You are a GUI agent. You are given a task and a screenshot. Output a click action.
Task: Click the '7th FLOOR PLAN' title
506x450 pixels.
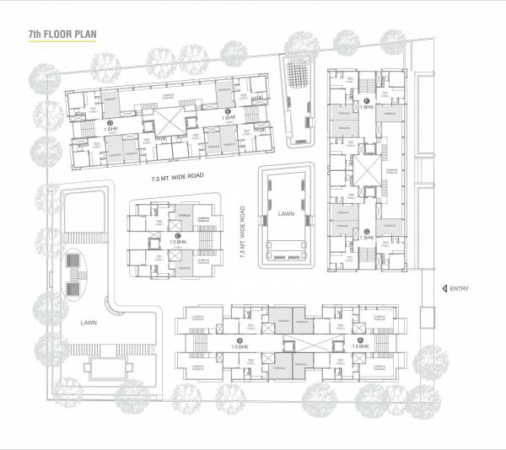62,35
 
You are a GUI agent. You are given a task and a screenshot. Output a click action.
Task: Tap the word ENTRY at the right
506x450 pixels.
459,289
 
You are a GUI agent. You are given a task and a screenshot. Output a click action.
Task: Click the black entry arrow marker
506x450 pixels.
444,289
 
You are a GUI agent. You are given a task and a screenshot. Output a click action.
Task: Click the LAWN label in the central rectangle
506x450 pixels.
286,215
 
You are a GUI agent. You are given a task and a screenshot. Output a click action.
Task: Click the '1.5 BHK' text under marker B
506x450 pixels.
240,347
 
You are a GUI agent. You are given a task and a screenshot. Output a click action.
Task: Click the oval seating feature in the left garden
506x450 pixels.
76,274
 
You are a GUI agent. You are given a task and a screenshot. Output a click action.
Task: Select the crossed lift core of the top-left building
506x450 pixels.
171,123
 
